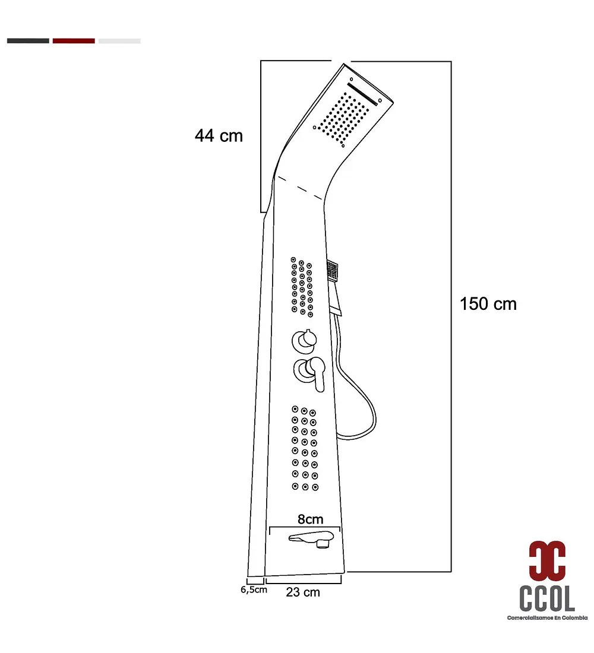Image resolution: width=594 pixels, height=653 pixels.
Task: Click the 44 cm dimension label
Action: coord(219,136)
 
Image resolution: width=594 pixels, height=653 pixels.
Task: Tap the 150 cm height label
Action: coord(488,304)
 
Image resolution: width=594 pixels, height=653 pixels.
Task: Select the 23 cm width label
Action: coord(303,592)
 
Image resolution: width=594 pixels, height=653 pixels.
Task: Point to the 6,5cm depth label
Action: coord(254,589)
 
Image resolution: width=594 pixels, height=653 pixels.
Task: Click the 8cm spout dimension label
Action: coord(311,519)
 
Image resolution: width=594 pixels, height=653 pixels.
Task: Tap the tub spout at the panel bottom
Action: coord(312,539)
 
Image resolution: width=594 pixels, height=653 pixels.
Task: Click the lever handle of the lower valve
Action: coord(318,373)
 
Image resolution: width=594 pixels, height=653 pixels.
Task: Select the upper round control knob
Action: coord(304,340)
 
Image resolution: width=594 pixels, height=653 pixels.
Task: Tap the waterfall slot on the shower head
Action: coord(362,94)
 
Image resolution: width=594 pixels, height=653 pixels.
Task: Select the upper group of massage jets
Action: coord(302,287)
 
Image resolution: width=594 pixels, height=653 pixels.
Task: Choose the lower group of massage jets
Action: coord(305,448)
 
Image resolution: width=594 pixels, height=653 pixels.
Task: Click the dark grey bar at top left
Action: coord(28,41)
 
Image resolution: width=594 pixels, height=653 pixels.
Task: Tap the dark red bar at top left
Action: coord(74,41)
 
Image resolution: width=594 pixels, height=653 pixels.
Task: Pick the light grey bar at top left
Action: coord(119,41)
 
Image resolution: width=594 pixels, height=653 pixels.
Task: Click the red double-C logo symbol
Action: coord(547,560)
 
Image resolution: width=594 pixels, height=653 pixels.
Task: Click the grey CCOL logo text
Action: coord(547,598)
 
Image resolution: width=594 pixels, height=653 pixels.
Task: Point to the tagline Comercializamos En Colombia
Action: coord(547,617)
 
